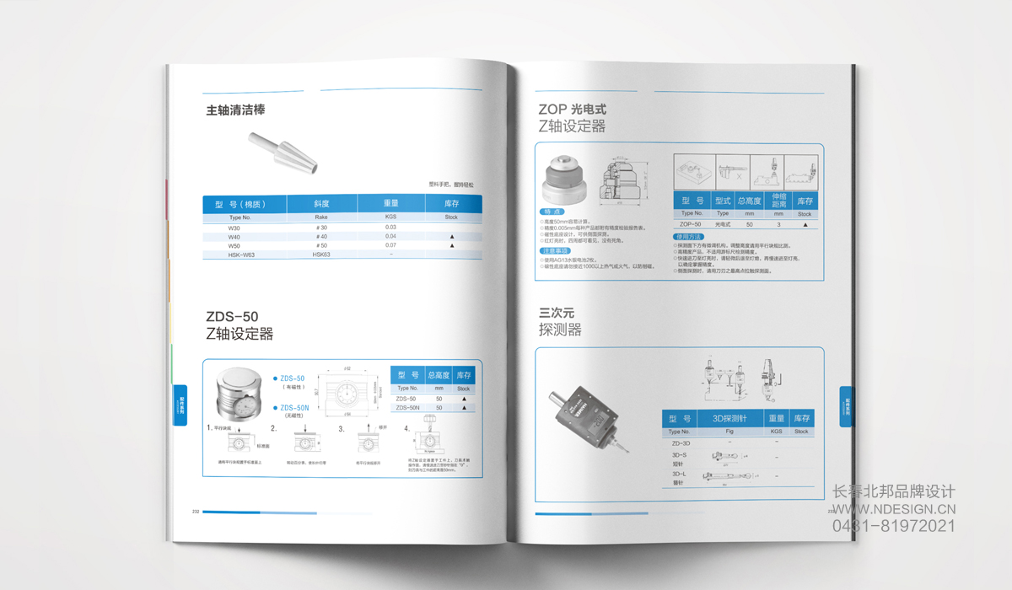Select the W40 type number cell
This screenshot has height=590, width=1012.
234,237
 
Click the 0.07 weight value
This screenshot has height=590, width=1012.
390,245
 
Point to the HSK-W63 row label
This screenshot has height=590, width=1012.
241,255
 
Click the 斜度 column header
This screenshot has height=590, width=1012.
321,204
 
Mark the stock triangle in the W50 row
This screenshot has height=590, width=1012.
452,245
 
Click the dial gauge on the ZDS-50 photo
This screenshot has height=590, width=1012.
236,410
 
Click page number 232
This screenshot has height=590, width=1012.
196,512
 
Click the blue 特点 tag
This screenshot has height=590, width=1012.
552,211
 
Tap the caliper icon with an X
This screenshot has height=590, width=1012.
732,171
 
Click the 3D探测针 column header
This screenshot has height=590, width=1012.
729,419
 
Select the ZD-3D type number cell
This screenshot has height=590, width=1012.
681,442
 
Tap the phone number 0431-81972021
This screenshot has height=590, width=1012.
894,526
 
